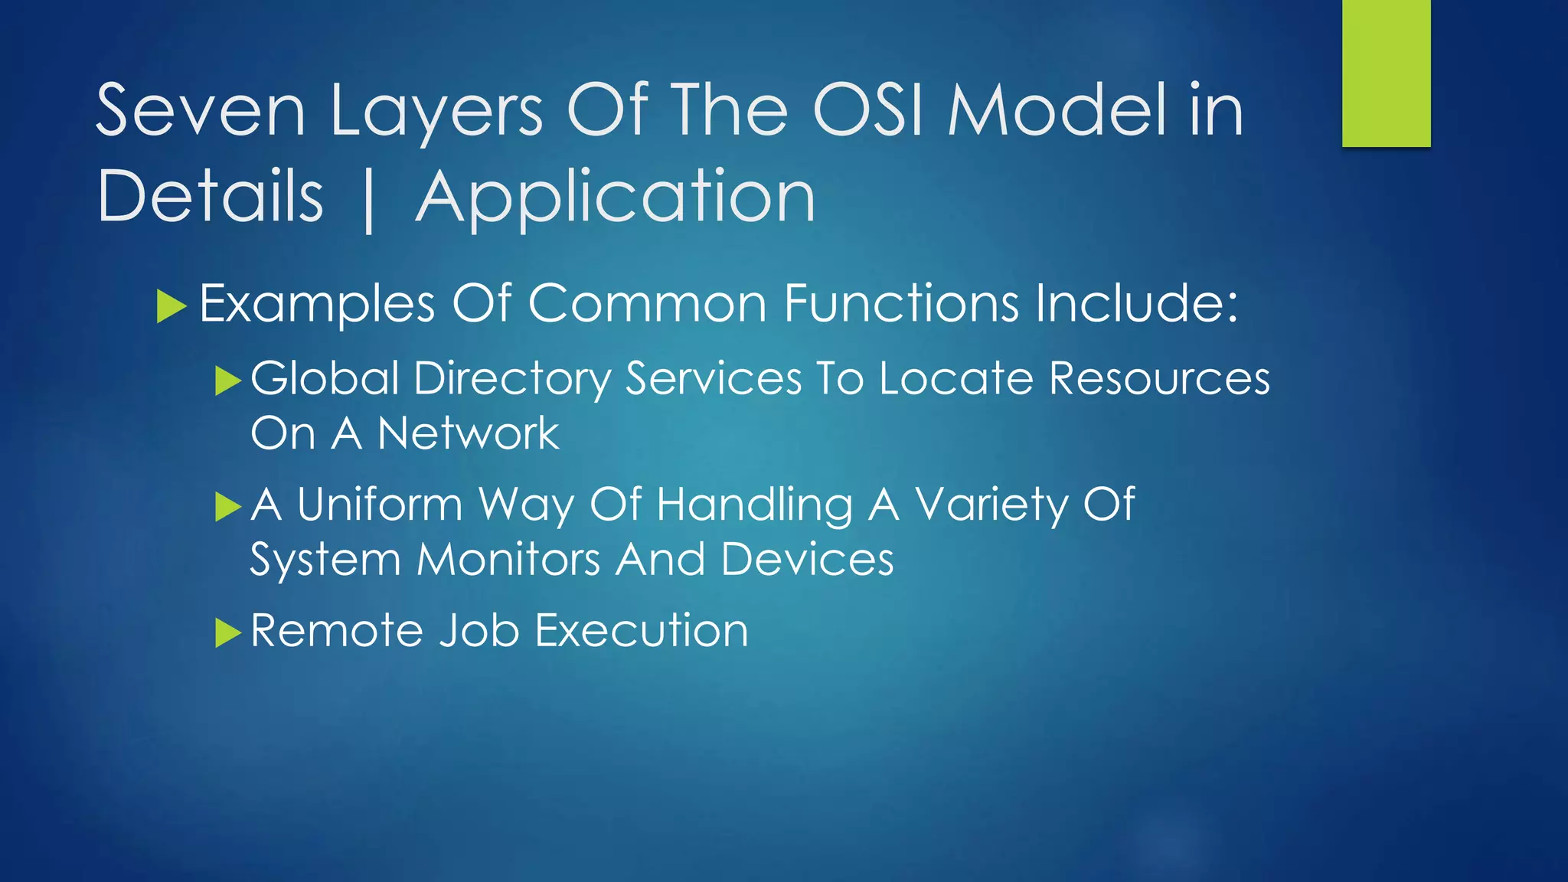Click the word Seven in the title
201,112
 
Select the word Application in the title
616,198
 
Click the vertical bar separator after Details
369,201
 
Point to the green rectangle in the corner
1386,73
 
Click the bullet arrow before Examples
171,306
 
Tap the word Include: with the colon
1136,303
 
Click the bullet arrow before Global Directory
227,381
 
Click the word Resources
1159,378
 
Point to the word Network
468,434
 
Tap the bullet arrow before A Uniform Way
227,507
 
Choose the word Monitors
508,560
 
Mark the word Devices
807,560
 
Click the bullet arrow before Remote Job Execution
227,633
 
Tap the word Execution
641,632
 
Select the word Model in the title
1057,112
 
